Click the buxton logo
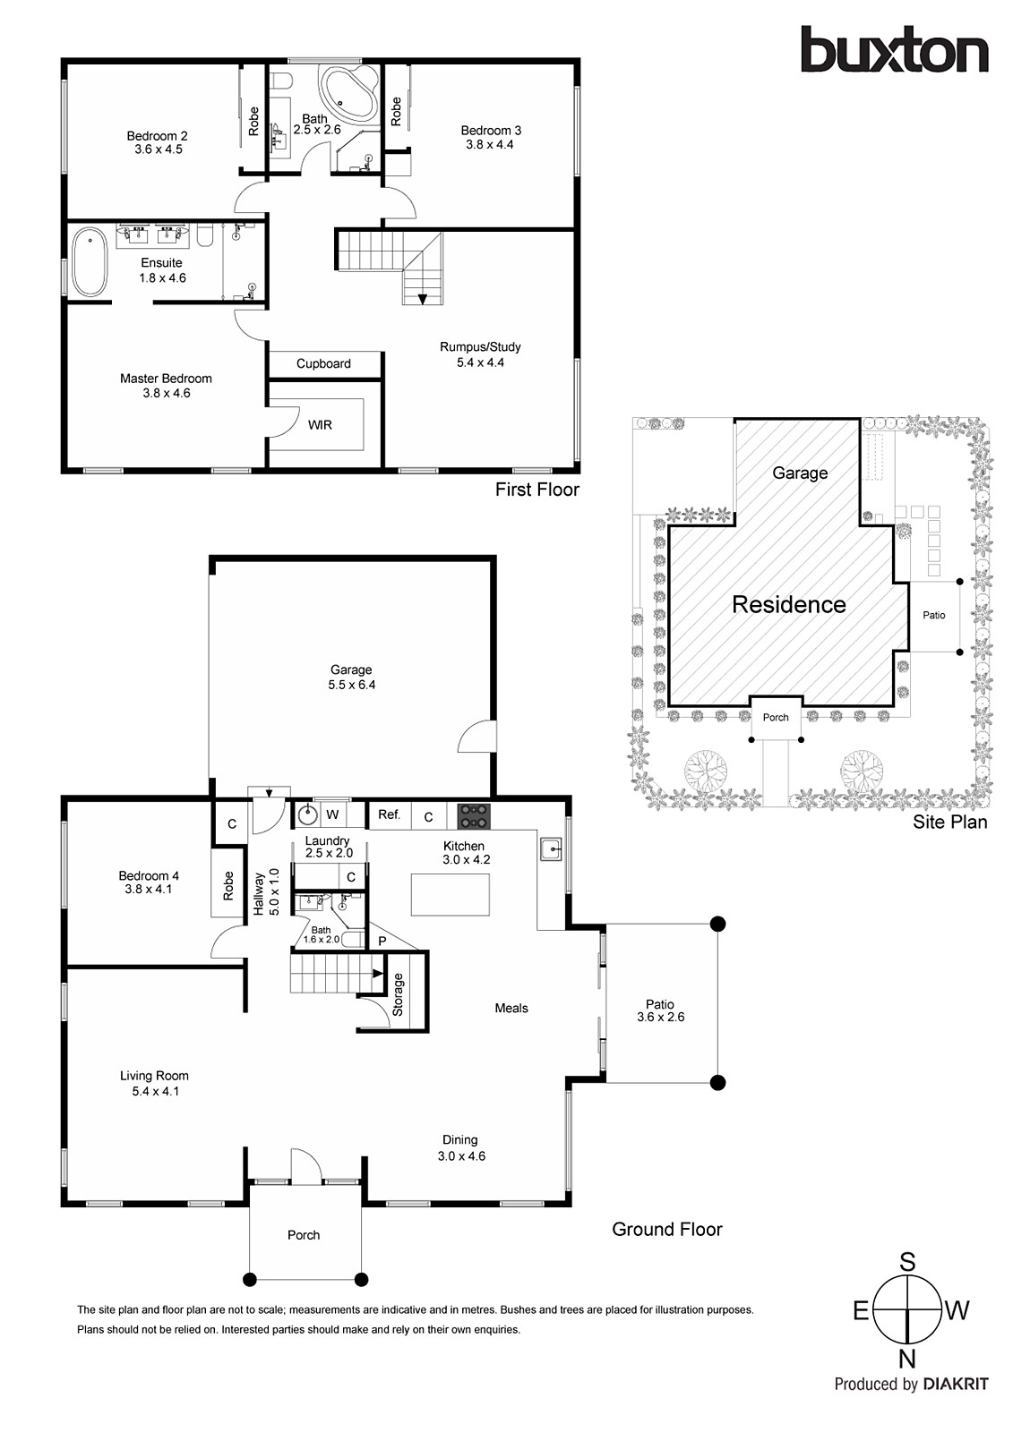tap(894, 51)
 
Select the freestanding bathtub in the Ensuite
tap(90, 262)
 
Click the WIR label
tap(320, 425)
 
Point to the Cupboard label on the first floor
tap(323, 363)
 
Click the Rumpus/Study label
tap(480, 346)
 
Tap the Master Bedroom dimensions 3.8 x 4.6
tap(167, 393)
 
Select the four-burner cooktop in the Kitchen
tap(474, 815)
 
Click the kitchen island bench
tap(450, 894)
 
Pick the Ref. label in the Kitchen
tap(389, 814)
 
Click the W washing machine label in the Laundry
tap(332, 814)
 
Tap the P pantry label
tap(382, 942)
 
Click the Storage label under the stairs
tap(399, 994)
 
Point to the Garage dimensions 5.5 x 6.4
tap(351, 685)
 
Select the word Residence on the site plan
tap(788, 605)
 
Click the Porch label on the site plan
tap(776, 717)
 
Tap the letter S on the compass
tap(907, 1263)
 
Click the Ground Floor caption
tap(666, 1230)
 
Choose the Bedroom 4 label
tap(149, 875)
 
